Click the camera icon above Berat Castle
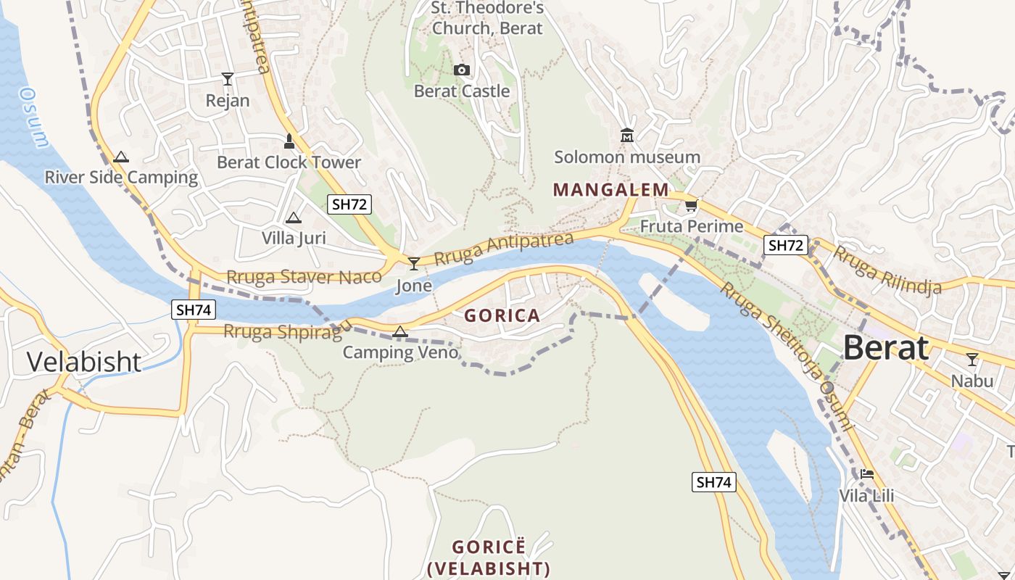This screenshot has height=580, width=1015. pos(462,70)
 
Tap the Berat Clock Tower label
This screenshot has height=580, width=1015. pos(289,162)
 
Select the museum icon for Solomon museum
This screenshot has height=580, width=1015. pos(627,136)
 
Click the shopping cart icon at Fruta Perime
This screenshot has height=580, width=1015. pos(691,206)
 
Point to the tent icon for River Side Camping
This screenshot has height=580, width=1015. pos(121,157)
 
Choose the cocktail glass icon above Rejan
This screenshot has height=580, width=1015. pos(228,78)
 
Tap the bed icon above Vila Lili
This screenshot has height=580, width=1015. pos(866,475)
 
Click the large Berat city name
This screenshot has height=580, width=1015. pos(885,348)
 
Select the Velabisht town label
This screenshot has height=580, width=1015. pos(84,361)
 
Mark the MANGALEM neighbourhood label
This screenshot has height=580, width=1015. pos(611,190)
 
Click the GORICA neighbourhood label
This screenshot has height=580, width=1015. pos(502,315)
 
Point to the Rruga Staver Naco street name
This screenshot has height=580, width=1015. pos(304,277)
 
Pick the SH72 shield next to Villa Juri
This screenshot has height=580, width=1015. pos(349,204)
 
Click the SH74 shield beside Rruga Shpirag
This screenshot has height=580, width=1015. pos(194,310)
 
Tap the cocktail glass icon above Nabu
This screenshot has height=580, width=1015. pos(972,359)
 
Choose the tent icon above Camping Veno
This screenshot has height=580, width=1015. pos(399,332)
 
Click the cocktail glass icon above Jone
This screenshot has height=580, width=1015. pos(414,263)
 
